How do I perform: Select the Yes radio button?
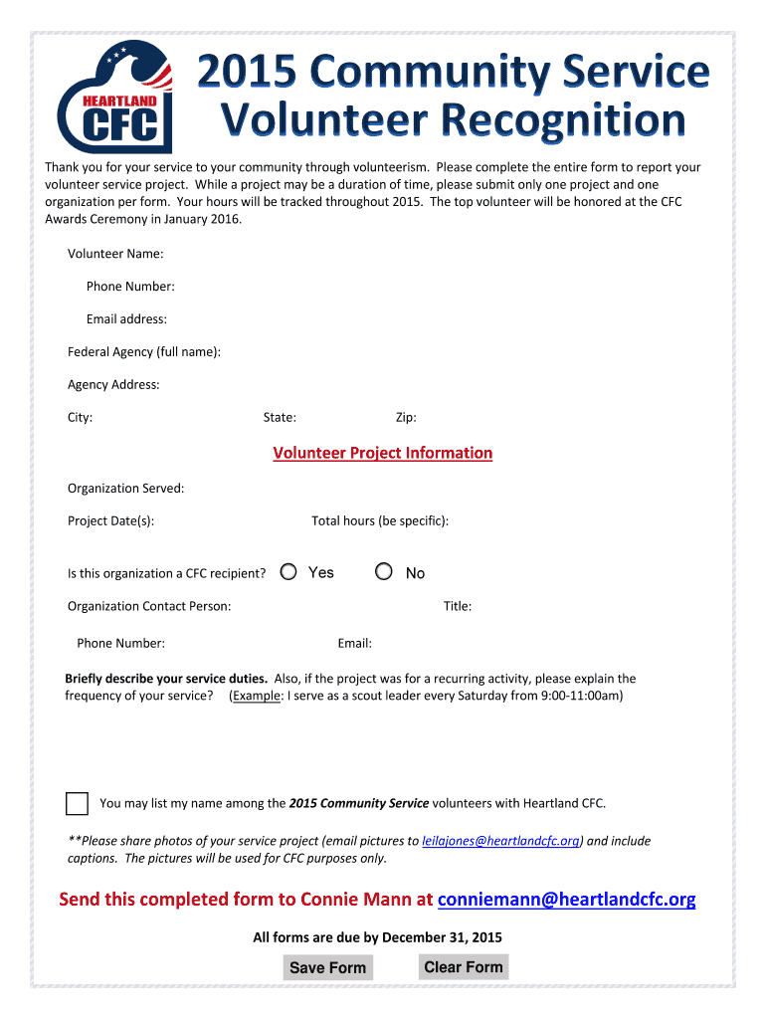[x=288, y=572]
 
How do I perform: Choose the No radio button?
[x=384, y=572]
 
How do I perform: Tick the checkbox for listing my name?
[x=77, y=804]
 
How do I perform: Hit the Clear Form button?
[x=464, y=967]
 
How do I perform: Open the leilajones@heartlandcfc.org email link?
[x=501, y=841]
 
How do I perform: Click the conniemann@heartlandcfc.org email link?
[x=567, y=900]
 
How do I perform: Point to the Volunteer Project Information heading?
[x=383, y=453]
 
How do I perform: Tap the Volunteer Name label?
[x=115, y=254]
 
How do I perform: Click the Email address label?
[x=126, y=319]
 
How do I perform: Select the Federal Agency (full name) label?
[x=144, y=351]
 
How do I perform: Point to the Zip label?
[x=406, y=418]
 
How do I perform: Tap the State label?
[x=280, y=418]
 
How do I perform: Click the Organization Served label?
[x=125, y=488]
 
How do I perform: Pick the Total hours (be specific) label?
[x=380, y=520]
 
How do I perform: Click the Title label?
[x=458, y=606]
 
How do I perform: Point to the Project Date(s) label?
[x=110, y=520]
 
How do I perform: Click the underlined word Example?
[x=257, y=696]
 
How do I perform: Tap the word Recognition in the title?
[x=563, y=121]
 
